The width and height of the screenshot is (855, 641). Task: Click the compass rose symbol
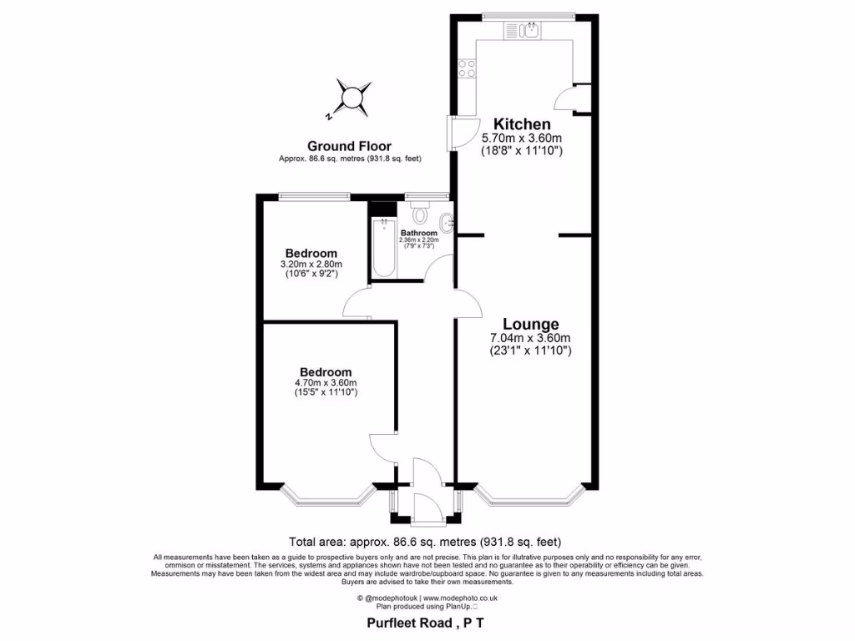coord(352,97)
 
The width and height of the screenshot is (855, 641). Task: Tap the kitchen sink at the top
coord(524,32)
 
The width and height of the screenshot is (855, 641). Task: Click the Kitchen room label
coord(522,124)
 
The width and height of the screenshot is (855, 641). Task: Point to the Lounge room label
coord(530,324)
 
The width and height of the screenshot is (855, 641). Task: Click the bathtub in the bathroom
coord(384,248)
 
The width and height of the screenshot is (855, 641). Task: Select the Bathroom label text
coord(418,233)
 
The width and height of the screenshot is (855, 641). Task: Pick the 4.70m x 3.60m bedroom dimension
coord(326,383)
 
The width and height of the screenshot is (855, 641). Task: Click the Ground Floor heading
coord(349,146)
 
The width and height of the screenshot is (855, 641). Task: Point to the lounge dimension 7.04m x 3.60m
coord(530,338)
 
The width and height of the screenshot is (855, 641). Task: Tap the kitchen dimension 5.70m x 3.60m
coord(522,139)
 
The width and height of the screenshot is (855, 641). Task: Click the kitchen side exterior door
coord(458,134)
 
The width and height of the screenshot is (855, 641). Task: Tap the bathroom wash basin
coord(448,223)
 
